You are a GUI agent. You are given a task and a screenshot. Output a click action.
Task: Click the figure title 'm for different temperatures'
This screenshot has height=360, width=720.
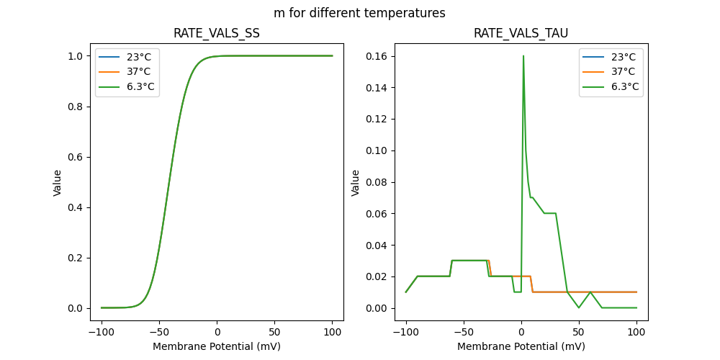tap(359, 13)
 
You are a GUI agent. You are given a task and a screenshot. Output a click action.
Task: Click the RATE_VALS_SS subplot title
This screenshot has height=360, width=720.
tap(217, 34)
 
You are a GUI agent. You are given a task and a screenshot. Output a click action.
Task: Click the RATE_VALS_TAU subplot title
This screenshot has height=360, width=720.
tap(521, 34)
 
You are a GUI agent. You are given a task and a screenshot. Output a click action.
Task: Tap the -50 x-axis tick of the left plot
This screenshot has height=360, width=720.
tap(159, 333)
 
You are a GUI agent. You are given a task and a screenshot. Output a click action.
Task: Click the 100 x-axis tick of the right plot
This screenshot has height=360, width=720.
tap(636, 333)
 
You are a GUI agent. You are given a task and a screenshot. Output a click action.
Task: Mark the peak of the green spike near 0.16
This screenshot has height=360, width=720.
tap(523, 56)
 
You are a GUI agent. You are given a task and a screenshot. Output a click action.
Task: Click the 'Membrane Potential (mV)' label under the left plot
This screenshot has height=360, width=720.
tap(217, 346)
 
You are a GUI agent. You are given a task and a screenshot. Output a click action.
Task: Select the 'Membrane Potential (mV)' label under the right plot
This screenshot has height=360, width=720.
tap(521, 346)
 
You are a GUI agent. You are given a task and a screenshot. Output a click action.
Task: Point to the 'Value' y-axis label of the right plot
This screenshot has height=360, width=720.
tap(355, 183)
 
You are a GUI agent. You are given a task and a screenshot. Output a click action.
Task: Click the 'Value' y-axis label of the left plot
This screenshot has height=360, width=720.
tap(58, 183)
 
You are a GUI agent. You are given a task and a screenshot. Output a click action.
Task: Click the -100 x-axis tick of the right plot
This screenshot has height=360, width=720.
tap(405, 333)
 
